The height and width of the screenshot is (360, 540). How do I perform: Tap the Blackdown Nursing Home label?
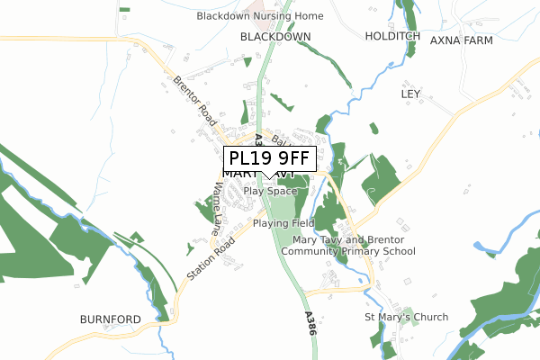point(260,16)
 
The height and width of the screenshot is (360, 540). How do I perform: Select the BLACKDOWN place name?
point(275,37)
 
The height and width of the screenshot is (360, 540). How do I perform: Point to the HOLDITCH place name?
point(392,36)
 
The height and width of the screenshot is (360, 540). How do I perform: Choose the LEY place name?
point(411,94)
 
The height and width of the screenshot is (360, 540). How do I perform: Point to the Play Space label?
point(270,192)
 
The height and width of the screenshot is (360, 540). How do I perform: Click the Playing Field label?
point(283,223)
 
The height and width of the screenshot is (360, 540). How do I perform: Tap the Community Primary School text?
point(347,252)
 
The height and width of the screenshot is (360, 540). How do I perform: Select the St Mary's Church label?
point(406,318)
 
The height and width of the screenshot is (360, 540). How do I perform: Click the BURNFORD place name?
point(110,319)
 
